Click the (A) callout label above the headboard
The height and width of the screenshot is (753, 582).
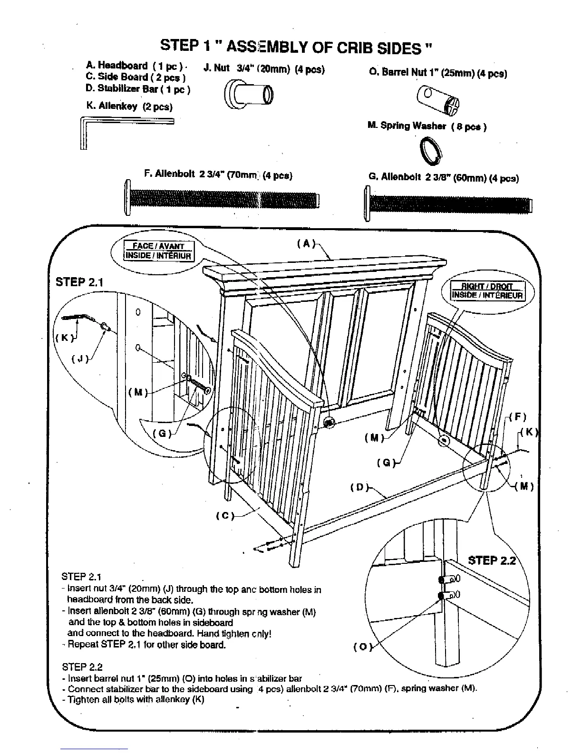pos(306,244)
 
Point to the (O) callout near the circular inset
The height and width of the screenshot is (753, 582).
pos(361,647)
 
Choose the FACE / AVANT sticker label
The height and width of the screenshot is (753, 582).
pos(158,246)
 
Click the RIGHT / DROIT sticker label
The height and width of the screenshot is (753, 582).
pos(488,287)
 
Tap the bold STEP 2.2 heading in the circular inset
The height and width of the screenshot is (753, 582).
pos(492,560)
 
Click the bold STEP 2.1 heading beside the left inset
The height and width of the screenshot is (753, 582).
pos(79,281)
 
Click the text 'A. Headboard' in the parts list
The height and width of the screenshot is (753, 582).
pos(116,66)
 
